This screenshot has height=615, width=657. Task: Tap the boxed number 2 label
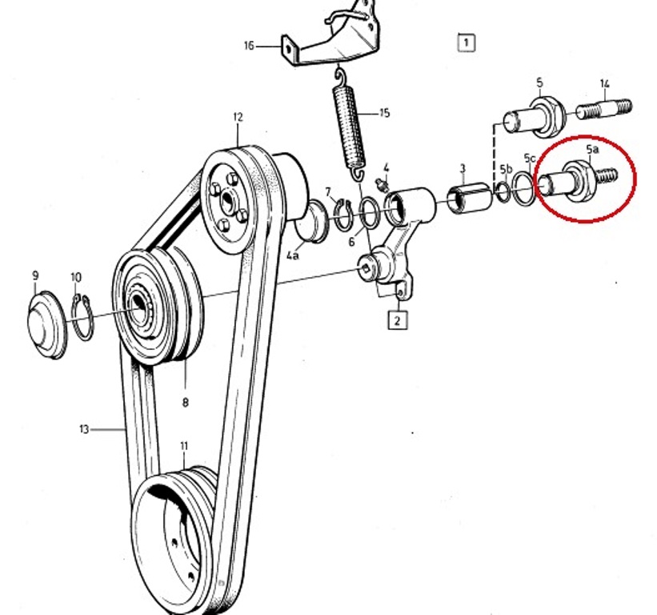click(398, 320)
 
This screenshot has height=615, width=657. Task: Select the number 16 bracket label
click(249, 46)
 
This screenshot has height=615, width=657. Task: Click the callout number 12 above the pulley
click(238, 117)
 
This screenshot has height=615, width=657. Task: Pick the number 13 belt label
click(84, 429)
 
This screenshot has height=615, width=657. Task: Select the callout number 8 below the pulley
click(185, 403)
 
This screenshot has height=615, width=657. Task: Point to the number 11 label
click(184, 445)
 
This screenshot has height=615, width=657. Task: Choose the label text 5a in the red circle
click(592, 150)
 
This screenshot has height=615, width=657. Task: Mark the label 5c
click(530, 159)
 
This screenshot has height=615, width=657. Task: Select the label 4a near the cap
click(293, 256)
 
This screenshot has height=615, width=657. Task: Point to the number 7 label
click(328, 191)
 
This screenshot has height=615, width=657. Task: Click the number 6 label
click(351, 242)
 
